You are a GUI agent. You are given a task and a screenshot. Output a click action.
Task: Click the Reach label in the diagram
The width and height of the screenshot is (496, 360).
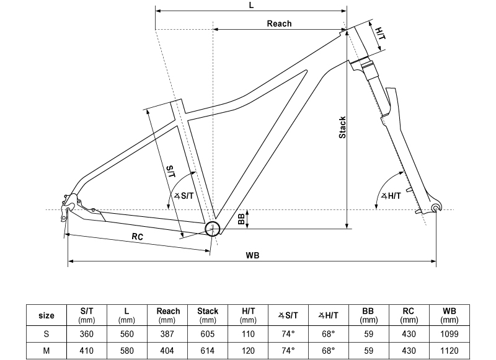click(279, 24)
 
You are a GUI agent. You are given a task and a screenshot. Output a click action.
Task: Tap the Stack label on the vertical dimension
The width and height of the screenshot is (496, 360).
click(342, 128)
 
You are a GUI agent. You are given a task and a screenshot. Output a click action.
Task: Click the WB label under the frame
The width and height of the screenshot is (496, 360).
click(252, 255)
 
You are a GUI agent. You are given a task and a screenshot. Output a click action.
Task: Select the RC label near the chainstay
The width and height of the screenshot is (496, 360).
click(138, 237)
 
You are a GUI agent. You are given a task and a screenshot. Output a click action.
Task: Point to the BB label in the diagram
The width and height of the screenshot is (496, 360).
click(241, 219)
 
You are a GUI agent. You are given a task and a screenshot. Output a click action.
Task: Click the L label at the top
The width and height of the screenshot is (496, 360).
click(250, 4)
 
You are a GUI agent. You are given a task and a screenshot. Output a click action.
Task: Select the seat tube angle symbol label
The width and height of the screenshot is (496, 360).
click(184, 196)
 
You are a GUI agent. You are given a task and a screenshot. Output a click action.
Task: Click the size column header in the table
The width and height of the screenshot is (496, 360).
click(46, 315)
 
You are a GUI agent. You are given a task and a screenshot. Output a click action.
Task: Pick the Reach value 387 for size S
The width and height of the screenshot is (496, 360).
click(167, 333)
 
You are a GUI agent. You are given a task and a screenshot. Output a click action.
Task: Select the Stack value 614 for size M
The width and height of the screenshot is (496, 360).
click(208, 350)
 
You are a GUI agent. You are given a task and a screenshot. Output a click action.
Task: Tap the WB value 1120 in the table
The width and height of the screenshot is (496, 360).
click(448, 350)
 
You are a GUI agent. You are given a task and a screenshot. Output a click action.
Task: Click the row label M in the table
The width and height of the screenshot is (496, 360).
click(46, 350)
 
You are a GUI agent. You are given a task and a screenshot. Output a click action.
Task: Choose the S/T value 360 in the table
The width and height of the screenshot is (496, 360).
click(87, 333)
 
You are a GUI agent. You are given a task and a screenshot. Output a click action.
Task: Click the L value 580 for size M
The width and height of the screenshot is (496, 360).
click(127, 350)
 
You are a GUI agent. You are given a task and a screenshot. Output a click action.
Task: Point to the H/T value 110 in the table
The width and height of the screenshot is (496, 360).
click(248, 333)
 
